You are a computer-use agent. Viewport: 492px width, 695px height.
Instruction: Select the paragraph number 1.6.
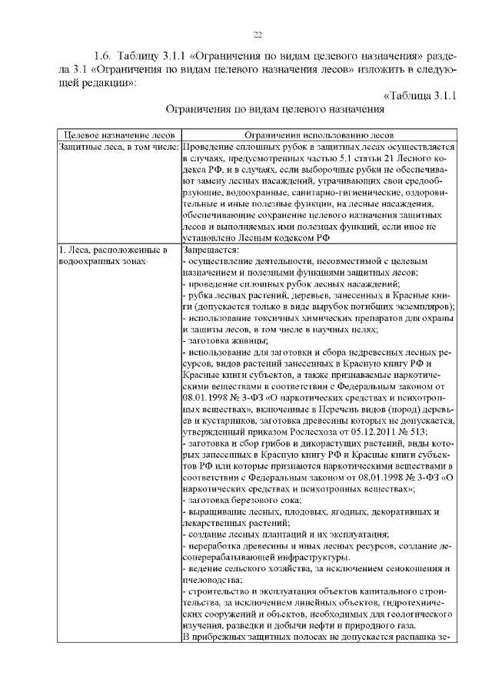point(102,58)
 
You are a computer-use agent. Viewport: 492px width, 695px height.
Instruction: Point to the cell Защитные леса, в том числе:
point(120,145)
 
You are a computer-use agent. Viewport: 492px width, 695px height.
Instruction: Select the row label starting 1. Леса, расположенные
point(112,250)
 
